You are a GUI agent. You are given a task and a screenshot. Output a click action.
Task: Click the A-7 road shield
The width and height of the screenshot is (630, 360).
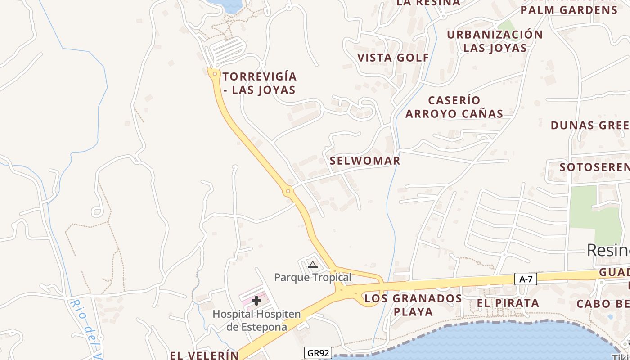tap(526, 279)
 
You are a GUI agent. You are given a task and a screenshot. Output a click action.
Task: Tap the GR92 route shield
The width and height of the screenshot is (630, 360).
tap(318, 353)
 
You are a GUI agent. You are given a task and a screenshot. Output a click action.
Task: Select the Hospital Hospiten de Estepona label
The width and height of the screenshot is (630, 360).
tap(256, 320)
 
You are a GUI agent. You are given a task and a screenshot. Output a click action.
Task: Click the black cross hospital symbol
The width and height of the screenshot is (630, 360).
tap(256, 300)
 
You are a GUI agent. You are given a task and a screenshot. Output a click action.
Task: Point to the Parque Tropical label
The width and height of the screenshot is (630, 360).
tap(313, 277)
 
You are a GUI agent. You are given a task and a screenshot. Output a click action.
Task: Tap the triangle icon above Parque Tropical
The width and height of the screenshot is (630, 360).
tap(313, 265)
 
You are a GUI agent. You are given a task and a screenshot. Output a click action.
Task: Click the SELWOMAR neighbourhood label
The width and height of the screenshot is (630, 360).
tap(365, 161)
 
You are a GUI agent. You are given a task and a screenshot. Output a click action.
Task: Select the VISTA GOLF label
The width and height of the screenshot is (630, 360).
tap(393, 58)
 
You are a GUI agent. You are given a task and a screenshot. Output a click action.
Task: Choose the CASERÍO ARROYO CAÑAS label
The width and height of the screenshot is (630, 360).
tap(454, 107)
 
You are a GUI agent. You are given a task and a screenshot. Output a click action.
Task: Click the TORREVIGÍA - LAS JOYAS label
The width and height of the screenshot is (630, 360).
tap(260, 83)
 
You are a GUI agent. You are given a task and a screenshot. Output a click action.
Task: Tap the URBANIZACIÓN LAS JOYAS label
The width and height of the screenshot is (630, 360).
tap(495, 41)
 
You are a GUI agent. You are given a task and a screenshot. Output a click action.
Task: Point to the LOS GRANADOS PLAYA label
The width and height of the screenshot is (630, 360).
tap(413, 305)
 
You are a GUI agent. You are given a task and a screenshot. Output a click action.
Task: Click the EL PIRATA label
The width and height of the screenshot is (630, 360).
tap(508, 303)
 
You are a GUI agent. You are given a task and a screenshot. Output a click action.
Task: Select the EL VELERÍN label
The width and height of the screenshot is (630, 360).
tap(204, 355)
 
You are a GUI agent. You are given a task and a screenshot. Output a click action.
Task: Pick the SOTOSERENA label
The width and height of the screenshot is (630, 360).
tap(594, 167)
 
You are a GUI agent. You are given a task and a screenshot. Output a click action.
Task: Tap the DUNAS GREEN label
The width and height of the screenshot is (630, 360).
tap(589, 125)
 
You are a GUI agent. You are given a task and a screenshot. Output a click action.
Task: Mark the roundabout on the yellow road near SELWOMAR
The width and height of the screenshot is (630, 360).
tap(288, 191)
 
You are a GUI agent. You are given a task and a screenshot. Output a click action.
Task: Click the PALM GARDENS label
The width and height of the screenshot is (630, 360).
tap(569, 10)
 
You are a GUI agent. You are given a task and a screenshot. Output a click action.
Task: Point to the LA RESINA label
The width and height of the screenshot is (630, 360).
tap(428, 3)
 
